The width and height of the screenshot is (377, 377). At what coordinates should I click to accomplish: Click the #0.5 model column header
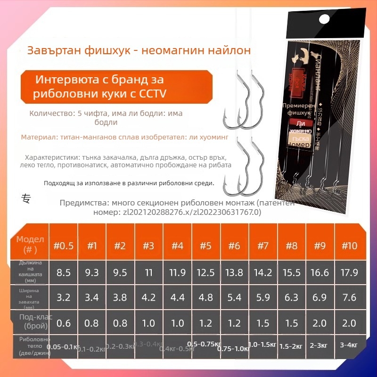point(63,246)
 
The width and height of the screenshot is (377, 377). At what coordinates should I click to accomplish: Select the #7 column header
point(263,246)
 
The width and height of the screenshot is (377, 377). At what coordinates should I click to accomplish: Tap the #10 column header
point(349,246)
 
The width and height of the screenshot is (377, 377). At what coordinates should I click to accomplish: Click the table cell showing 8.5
point(63,272)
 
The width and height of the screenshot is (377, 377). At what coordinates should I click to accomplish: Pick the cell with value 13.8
point(234,272)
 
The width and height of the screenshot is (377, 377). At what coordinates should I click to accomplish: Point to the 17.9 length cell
point(349,272)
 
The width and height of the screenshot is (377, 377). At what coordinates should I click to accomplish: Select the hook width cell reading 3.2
point(63,297)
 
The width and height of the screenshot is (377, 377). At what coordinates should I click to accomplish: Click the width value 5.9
point(263,297)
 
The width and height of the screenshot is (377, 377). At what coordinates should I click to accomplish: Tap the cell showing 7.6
point(349,297)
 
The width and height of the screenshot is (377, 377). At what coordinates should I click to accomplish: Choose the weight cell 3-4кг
point(349,345)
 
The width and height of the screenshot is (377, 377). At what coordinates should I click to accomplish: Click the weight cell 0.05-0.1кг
point(63,347)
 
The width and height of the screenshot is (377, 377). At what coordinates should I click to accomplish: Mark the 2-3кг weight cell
point(320,345)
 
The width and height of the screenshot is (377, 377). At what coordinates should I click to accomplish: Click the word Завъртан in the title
point(48,50)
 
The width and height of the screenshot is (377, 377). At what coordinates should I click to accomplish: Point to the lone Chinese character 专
point(26,198)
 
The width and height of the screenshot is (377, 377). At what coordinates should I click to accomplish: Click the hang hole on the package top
point(324,19)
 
